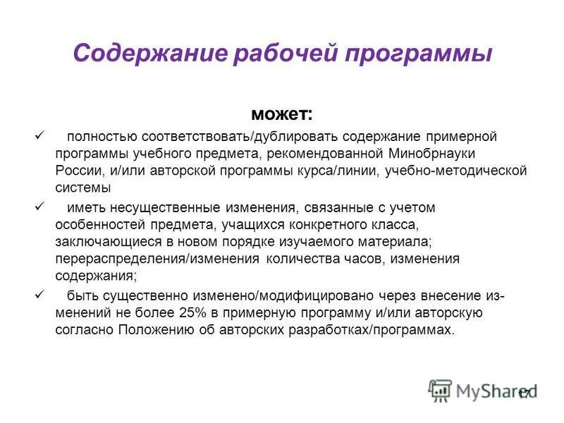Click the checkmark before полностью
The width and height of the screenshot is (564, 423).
point(39,134)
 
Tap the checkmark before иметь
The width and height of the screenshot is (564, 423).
point(39,207)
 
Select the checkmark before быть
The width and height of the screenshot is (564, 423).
point(39,294)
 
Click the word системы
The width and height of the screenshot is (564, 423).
point(83,188)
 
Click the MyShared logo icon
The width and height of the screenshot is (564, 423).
point(441,390)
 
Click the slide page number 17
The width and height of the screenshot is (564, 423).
point(523,394)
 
